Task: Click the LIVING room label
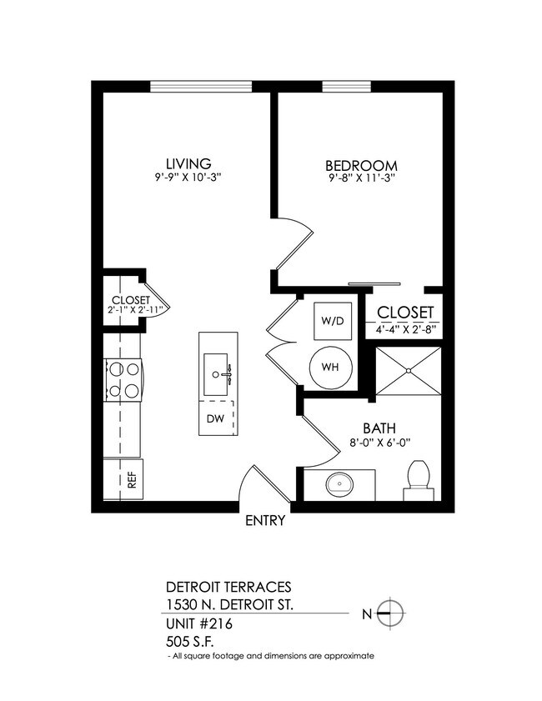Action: [x=188, y=163]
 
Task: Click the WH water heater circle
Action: [x=331, y=367]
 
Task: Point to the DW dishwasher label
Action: [x=215, y=418]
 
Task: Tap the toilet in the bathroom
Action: [x=418, y=478]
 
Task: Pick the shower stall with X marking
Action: [x=407, y=372]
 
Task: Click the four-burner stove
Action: [x=123, y=379]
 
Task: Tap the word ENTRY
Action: [x=266, y=522]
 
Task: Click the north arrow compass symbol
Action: [x=390, y=613]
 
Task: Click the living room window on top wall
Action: [x=201, y=85]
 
